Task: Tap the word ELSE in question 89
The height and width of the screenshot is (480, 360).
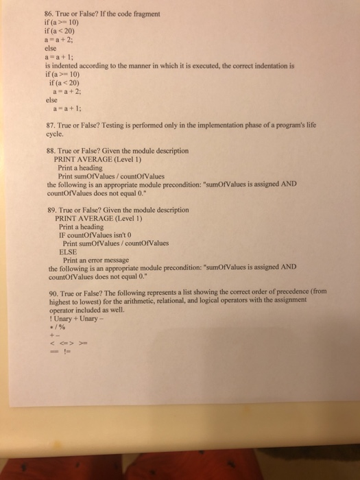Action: click(x=69, y=252)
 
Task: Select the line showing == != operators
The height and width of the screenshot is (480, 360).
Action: click(x=61, y=350)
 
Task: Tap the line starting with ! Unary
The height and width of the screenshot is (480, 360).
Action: click(x=80, y=317)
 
